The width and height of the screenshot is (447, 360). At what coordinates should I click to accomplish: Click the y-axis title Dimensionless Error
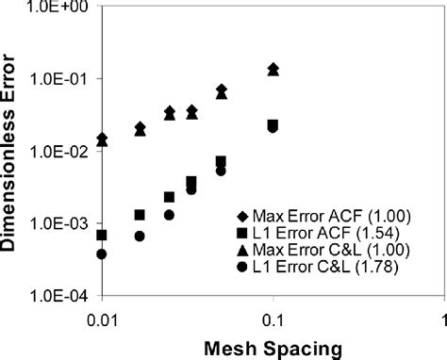[x=14, y=151]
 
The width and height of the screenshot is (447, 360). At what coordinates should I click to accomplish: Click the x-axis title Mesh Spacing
[x=273, y=348]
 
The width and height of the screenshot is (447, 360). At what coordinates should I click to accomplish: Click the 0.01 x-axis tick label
[x=103, y=318]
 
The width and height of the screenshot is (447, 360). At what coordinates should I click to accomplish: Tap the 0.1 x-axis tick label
[x=273, y=318]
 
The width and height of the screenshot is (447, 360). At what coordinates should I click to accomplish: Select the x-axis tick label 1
[x=442, y=318]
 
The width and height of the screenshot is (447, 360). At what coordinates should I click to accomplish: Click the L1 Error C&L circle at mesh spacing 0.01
[x=102, y=254]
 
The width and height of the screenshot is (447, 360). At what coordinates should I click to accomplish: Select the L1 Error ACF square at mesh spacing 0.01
[x=102, y=235]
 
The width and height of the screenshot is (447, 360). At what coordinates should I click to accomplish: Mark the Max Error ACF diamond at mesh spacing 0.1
[x=273, y=68]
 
